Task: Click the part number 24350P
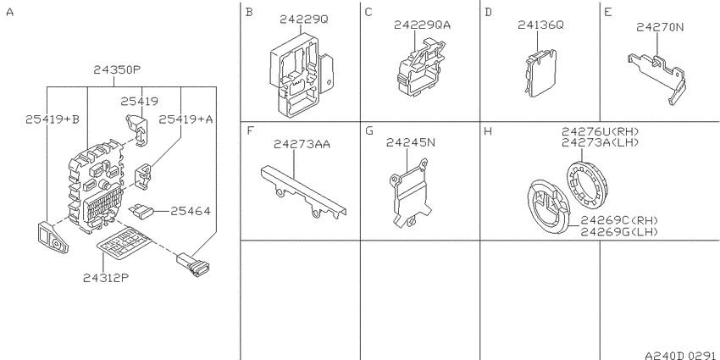click(117, 69)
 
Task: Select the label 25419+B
click(53, 119)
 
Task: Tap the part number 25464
click(191, 211)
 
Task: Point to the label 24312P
click(106, 278)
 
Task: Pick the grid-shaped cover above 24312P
click(125, 241)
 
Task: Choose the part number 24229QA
click(422, 25)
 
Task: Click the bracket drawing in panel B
click(302, 75)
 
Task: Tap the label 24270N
click(660, 27)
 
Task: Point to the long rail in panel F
click(303, 193)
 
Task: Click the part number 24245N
click(411, 142)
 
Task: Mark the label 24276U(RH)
click(601, 132)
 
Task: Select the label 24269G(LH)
click(619, 231)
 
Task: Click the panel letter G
click(369, 130)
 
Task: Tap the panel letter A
click(9, 13)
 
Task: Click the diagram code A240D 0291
click(680, 356)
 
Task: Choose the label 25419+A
click(186, 119)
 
